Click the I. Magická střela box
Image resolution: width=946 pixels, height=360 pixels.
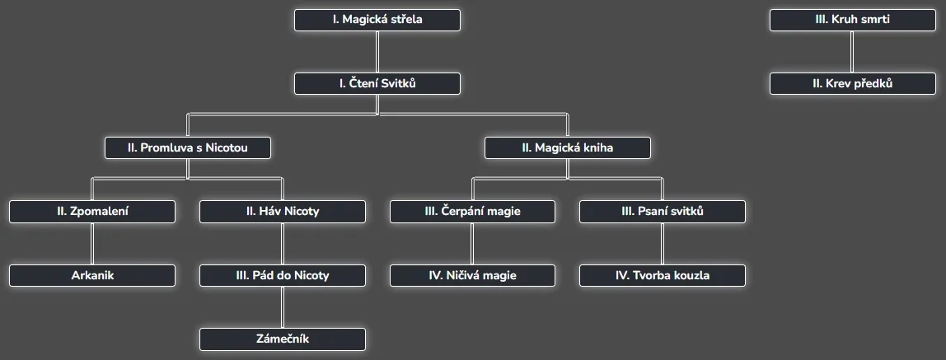(377, 20)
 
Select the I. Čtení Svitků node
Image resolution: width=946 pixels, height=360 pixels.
(377, 83)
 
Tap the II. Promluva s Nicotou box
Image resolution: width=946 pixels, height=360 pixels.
(188, 147)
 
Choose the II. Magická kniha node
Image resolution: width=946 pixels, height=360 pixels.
(568, 147)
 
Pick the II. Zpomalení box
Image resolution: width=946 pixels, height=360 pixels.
(92, 212)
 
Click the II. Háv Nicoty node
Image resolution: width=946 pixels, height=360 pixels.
(283, 212)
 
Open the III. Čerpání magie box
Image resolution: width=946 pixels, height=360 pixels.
(473, 212)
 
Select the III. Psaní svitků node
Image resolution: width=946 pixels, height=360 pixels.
(663, 212)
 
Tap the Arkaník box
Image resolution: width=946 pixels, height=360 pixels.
(92, 275)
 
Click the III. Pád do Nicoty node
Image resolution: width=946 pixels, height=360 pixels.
(283, 275)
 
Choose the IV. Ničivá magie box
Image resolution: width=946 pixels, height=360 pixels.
(473, 275)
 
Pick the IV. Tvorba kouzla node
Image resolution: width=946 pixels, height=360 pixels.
(663, 275)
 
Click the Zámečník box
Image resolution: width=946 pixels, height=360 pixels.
(283, 339)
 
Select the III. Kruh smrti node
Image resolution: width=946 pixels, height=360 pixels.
(852, 20)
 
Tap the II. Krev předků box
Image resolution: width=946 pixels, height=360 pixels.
(852, 83)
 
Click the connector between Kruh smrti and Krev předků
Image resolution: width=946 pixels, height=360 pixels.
(852, 52)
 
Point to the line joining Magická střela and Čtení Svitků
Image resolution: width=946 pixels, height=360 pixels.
(377, 52)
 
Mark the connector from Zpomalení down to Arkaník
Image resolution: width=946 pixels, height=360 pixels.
(92, 244)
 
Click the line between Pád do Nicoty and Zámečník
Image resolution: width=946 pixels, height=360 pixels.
(283, 307)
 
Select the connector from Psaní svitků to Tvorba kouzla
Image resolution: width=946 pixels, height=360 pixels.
(663, 244)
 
